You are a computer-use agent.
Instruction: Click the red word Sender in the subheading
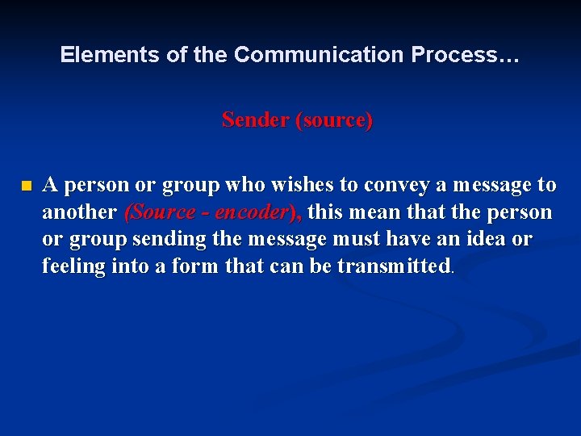coord(255,120)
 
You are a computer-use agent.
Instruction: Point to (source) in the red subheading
coord(334,120)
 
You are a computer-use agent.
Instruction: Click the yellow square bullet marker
coord(26,186)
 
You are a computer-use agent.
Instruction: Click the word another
coord(79,212)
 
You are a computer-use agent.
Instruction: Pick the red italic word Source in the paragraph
coord(161,212)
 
